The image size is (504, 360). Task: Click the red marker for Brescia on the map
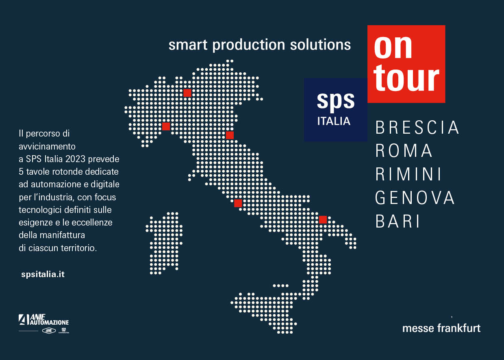click(187, 93)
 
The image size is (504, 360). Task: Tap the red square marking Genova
click(166, 126)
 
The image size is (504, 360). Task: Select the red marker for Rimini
click(230, 135)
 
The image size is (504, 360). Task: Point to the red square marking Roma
click(238, 203)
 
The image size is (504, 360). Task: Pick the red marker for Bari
click(323, 219)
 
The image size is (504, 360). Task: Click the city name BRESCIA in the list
click(417, 128)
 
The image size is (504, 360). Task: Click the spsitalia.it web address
click(43, 274)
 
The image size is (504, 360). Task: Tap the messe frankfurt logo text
click(441, 328)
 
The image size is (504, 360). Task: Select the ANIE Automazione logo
click(44, 320)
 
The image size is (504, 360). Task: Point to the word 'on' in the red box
click(393, 47)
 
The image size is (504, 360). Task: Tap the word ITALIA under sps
click(334, 121)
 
